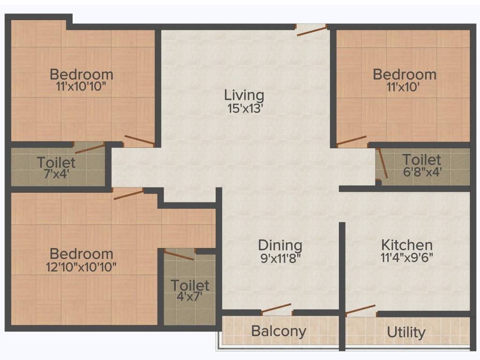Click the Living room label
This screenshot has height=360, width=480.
click(244, 96)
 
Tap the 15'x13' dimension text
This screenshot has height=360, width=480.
click(245, 109)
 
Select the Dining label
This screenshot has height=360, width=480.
click(280, 246)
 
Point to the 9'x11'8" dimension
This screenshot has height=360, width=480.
click(281, 258)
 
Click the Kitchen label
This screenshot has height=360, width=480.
click(407, 245)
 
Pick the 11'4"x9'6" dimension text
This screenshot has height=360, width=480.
click(407, 258)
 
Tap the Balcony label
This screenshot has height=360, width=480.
click(278, 331)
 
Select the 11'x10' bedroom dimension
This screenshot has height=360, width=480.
click(403, 87)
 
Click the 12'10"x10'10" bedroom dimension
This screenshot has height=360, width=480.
click(81, 267)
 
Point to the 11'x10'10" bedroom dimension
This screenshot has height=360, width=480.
click(81, 87)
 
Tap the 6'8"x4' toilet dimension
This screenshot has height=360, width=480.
click(422, 172)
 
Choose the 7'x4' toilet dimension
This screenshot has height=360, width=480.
click(56, 174)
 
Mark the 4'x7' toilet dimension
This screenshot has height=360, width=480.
click(189, 297)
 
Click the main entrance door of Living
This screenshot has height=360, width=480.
click(312, 31)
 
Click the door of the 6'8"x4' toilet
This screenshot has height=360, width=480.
click(382, 164)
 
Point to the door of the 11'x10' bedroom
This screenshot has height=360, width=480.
click(352, 140)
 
